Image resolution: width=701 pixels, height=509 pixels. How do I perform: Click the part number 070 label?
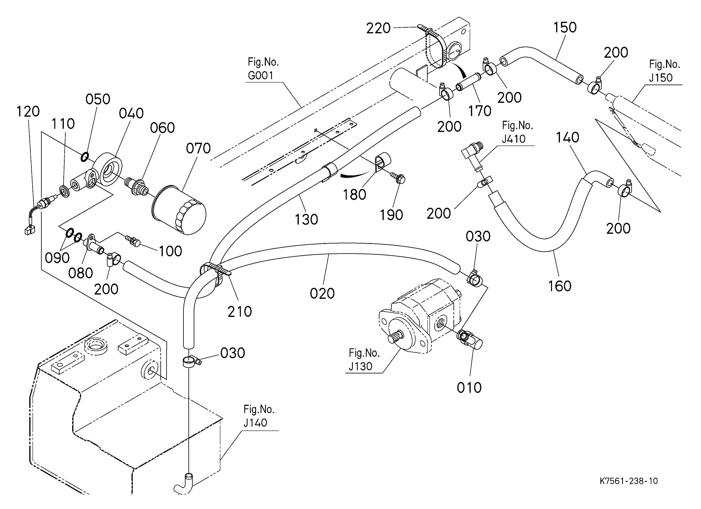[x=198, y=148]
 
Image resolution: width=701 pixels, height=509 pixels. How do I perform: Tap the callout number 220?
[x=378, y=28]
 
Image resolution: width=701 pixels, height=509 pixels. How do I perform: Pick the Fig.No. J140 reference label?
[x=259, y=416]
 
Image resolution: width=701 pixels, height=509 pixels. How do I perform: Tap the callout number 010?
[x=469, y=388]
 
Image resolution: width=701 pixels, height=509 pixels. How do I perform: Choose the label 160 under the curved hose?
[x=560, y=286]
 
